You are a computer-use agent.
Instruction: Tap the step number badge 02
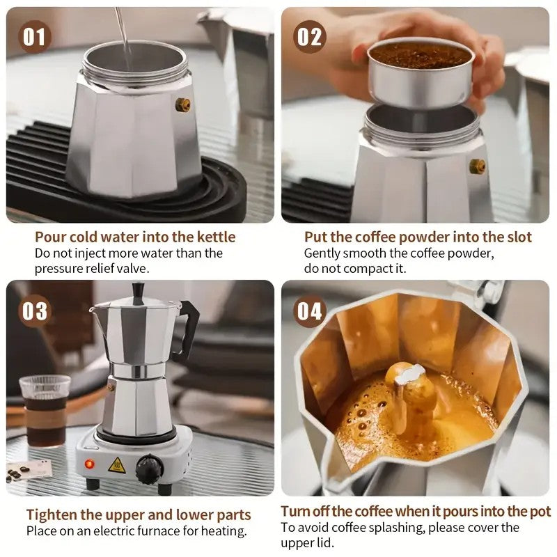pos(310,36)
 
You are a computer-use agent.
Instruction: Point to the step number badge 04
pos(310,311)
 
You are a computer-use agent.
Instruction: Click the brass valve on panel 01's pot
pos(183,104)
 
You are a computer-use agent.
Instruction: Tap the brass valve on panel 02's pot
pos(477,166)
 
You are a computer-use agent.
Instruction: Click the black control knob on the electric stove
pos(149,469)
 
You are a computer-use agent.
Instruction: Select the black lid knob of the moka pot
pos(139,290)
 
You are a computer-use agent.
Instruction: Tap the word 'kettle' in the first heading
pos(213,237)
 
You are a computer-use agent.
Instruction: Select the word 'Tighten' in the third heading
pos(52,515)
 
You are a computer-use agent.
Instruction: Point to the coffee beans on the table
pos(15,473)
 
